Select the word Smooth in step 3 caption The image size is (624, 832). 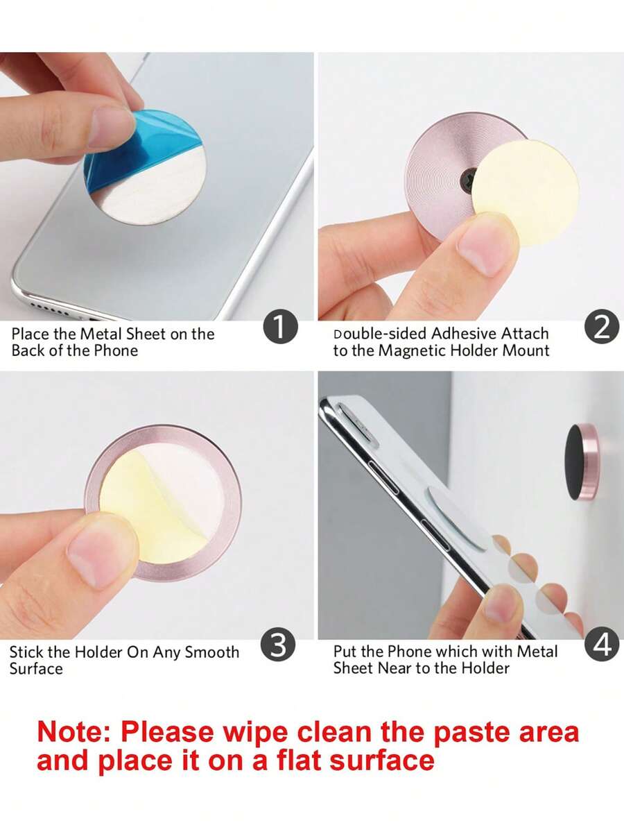pyautogui.click(x=212, y=652)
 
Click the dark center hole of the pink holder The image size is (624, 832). pyautogui.click(x=469, y=179)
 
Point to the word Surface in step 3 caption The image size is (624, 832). pyautogui.click(x=36, y=668)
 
